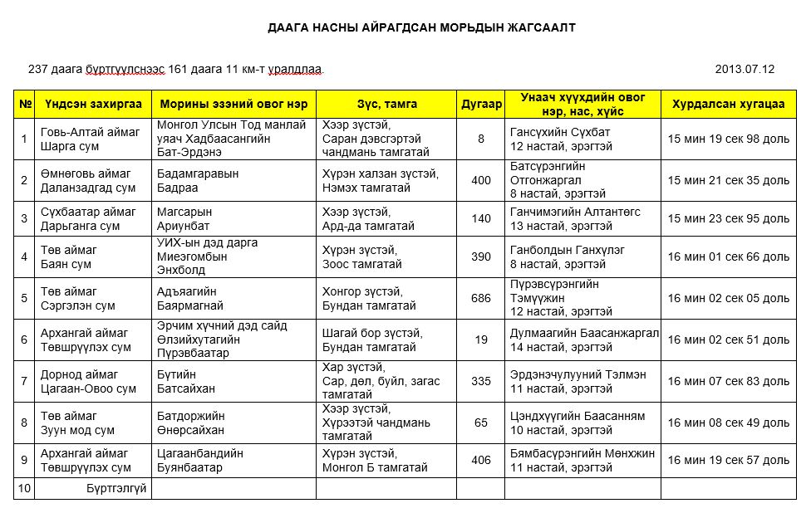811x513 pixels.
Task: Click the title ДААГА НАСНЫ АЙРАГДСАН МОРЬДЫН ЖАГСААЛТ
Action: pyautogui.click(x=421, y=27)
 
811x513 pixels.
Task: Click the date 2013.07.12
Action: pyautogui.click(x=745, y=69)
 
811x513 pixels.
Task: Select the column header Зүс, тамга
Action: pyautogui.click(x=387, y=105)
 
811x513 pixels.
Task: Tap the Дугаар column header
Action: pyautogui.click(x=481, y=105)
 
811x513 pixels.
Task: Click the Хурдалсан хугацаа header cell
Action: pyautogui.click(x=728, y=105)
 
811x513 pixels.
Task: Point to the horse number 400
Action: pyautogui.click(x=481, y=180)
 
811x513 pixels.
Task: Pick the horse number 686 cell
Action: pyautogui.click(x=481, y=298)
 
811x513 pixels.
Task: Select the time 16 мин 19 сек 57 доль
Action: pyautogui.click(x=728, y=460)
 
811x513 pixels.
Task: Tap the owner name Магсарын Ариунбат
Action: pyautogui.click(x=184, y=218)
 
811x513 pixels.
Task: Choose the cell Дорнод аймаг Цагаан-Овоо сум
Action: pyautogui.click(x=89, y=381)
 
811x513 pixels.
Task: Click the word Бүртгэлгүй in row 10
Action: pyautogui.click(x=116, y=488)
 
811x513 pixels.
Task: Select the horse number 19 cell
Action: pyautogui.click(x=481, y=340)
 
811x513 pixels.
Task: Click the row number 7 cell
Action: pyautogui.click(x=24, y=381)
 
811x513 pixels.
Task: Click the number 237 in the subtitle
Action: pyautogui.click(x=38, y=69)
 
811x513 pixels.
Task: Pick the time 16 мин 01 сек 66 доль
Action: pyautogui.click(x=728, y=256)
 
